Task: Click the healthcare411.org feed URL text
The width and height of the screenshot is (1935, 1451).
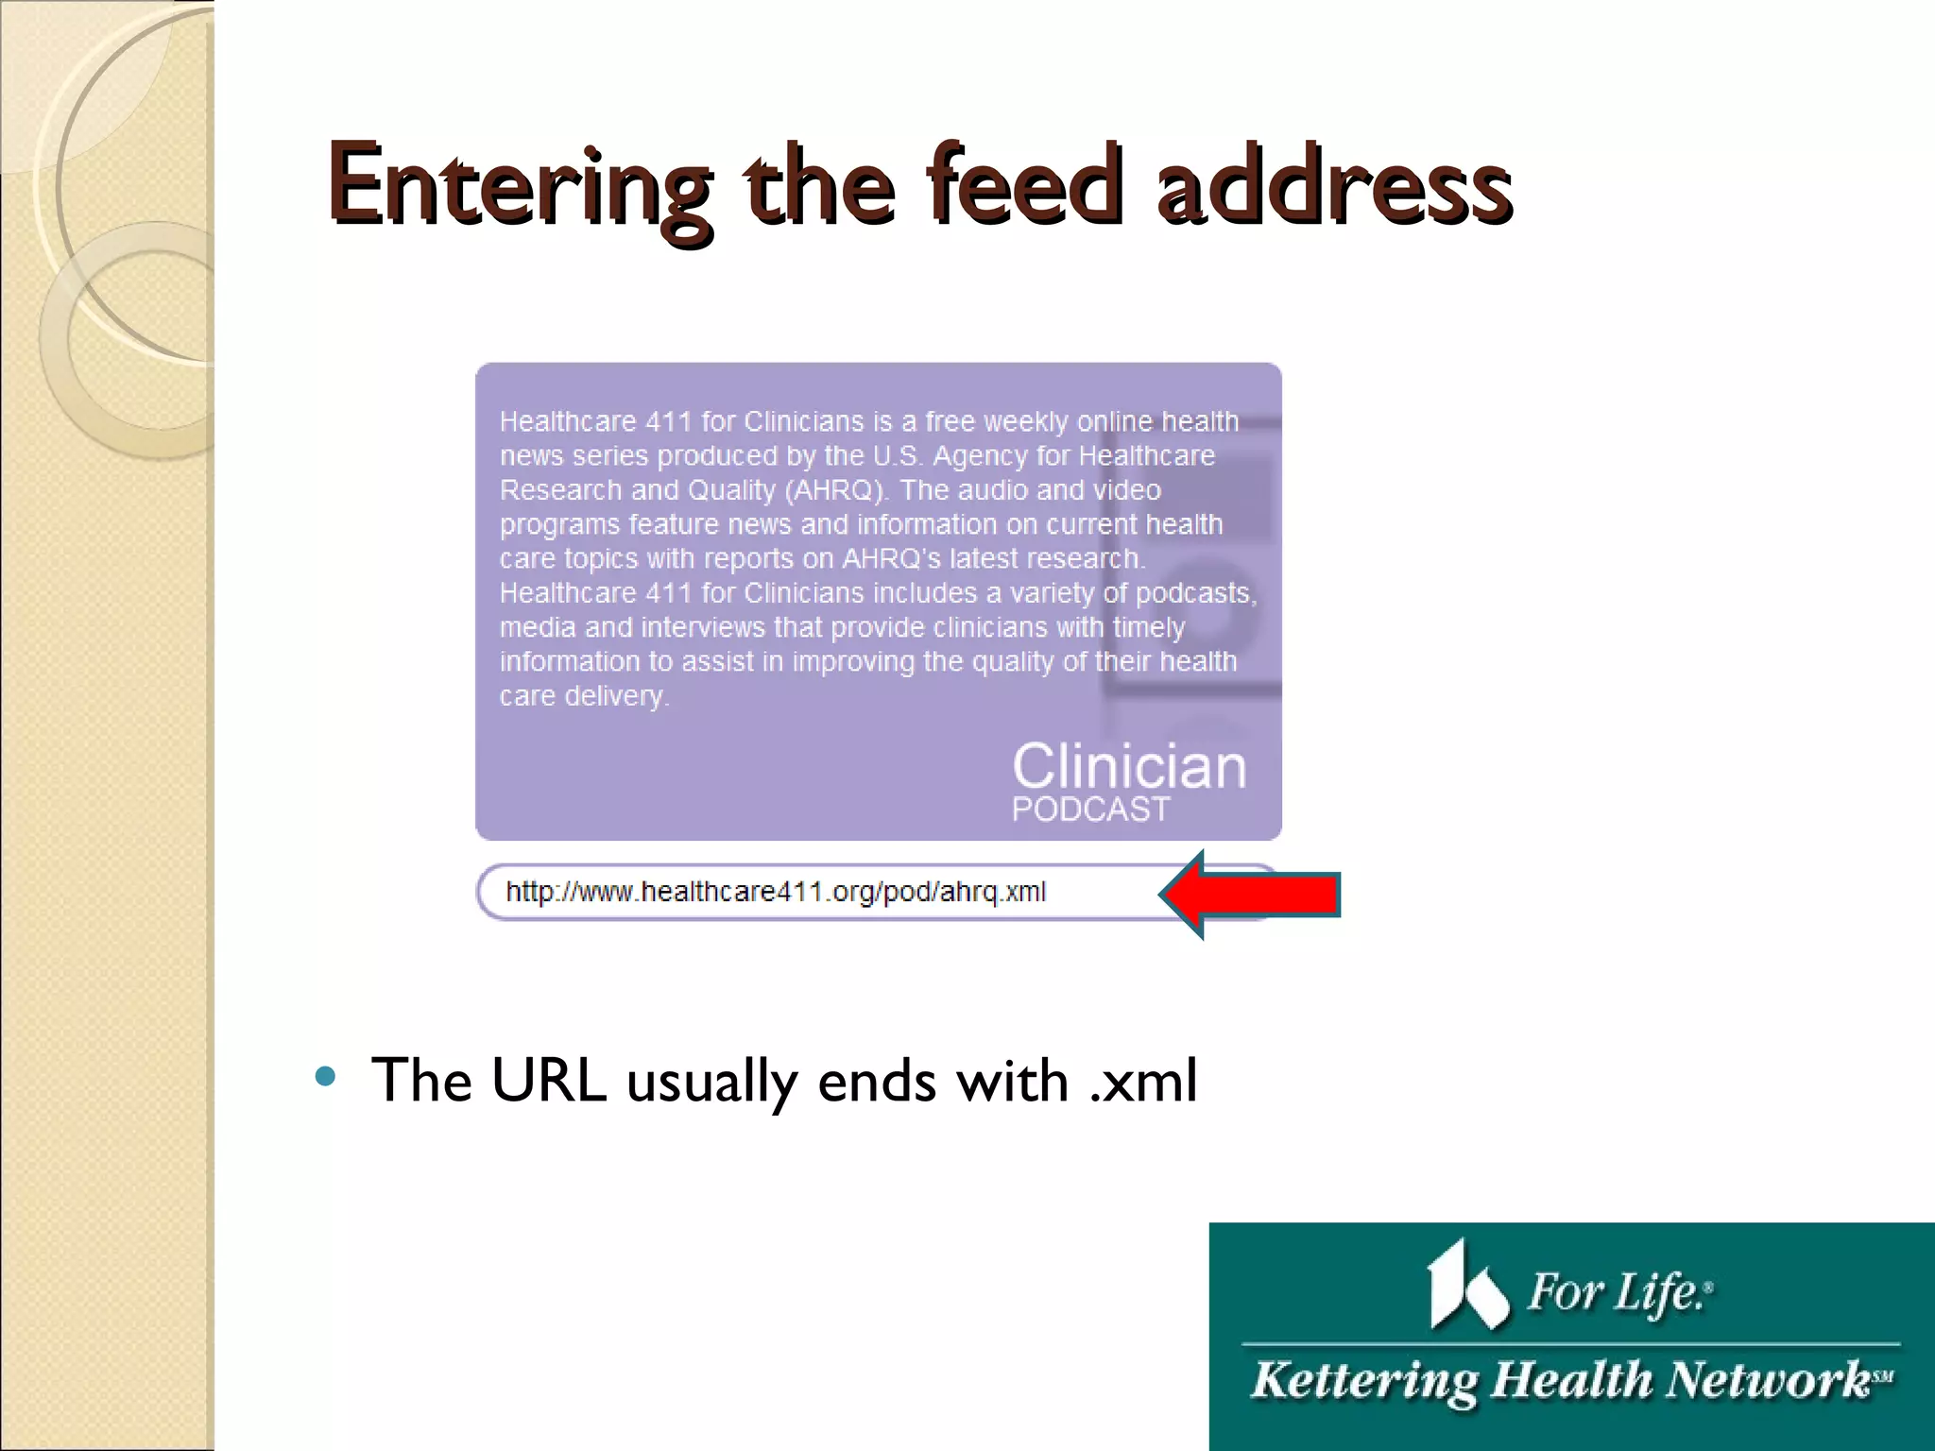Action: click(x=775, y=892)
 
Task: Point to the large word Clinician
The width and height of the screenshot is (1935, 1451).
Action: click(x=1129, y=766)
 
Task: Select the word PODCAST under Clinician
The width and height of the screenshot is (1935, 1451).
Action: click(x=1090, y=810)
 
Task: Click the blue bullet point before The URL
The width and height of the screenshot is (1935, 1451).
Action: click(x=325, y=1076)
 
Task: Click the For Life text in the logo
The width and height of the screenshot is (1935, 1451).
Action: click(x=1618, y=1292)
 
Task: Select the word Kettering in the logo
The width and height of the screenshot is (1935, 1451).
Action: click(x=1363, y=1380)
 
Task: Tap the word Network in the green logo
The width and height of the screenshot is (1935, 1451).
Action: click(x=1767, y=1378)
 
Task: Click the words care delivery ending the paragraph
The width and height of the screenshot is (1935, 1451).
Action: click(x=583, y=696)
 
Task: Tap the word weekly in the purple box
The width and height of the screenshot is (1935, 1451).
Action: click(x=1024, y=421)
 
